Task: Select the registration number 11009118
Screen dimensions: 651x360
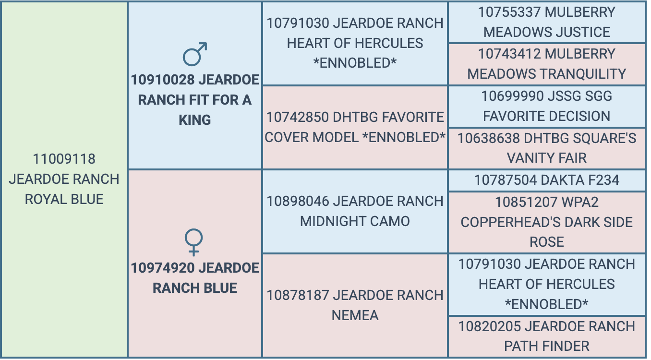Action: pos(64,159)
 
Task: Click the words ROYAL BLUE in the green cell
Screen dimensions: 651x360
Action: pos(64,199)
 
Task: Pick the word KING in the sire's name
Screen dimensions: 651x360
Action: pos(195,120)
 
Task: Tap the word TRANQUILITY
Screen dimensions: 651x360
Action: pos(579,74)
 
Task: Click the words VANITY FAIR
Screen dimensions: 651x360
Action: pos(547,158)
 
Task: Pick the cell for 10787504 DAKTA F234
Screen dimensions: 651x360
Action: pos(547,180)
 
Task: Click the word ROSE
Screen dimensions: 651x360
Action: pos(547,242)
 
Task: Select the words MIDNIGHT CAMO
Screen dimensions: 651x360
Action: pos(355,221)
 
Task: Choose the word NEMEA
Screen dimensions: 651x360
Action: pos(355,315)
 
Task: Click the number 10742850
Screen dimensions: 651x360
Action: pos(298,118)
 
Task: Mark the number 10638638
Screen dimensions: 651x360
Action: pos(489,138)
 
